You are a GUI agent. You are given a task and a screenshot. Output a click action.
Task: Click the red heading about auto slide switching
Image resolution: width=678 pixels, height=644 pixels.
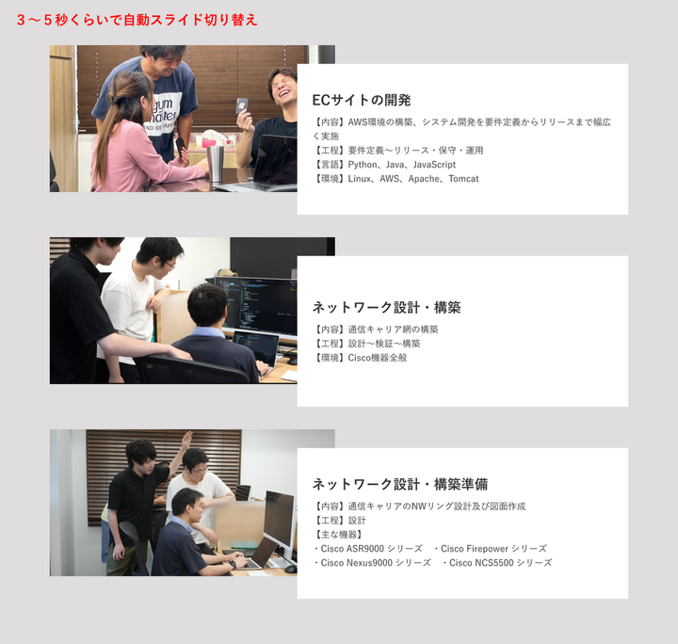pyautogui.click(x=137, y=20)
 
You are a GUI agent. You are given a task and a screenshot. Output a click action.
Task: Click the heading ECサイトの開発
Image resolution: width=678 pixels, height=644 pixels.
pyautogui.click(x=362, y=101)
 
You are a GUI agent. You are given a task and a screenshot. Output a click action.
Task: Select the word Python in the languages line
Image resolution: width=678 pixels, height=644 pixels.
pyautogui.click(x=363, y=165)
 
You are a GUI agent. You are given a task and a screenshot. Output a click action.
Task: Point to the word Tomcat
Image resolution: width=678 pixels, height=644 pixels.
pyautogui.click(x=463, y=179)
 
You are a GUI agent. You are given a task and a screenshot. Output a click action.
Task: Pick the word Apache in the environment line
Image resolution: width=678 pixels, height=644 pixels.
pyautogui.click(x=424, y=179)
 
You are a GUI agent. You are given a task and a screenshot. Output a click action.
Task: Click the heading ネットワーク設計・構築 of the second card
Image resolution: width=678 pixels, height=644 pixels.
pyautogui.click(x=387, y=307)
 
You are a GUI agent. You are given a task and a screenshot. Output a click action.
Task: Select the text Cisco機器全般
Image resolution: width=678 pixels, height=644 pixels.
pyautogui.click(x=378, y=358)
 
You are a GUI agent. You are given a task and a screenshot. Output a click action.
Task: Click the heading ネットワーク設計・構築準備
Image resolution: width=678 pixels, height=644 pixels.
pyautogui.click(x=400, y=484)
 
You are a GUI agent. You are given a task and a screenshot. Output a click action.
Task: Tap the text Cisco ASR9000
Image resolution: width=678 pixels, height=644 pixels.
pyautogui.click(x=352, y=549)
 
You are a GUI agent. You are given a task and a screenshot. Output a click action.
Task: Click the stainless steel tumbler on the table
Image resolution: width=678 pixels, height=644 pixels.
pyautogui.click(x=215, y=163)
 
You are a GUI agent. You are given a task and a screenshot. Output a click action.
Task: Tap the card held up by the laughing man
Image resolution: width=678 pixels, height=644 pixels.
pyautogui.click(x=241, y=105)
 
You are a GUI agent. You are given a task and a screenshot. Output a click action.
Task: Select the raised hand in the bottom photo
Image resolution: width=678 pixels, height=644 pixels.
pyautogui.click(x=186, y=440)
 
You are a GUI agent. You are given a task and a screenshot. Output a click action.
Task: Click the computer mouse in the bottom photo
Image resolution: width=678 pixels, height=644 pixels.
pyautogui.click(x=291, y=569)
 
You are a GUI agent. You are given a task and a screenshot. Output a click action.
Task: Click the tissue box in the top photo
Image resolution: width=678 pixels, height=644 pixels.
pyautogui.click(x=215, y=138)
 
